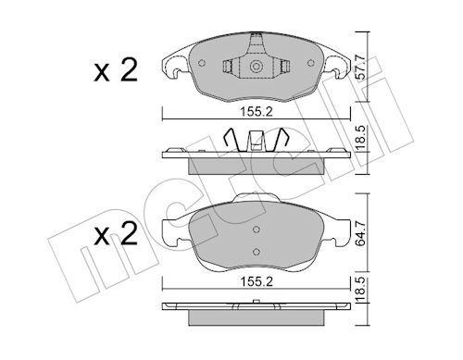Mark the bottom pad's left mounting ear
pos(172,233)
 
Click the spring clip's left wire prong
pos(236,142)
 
